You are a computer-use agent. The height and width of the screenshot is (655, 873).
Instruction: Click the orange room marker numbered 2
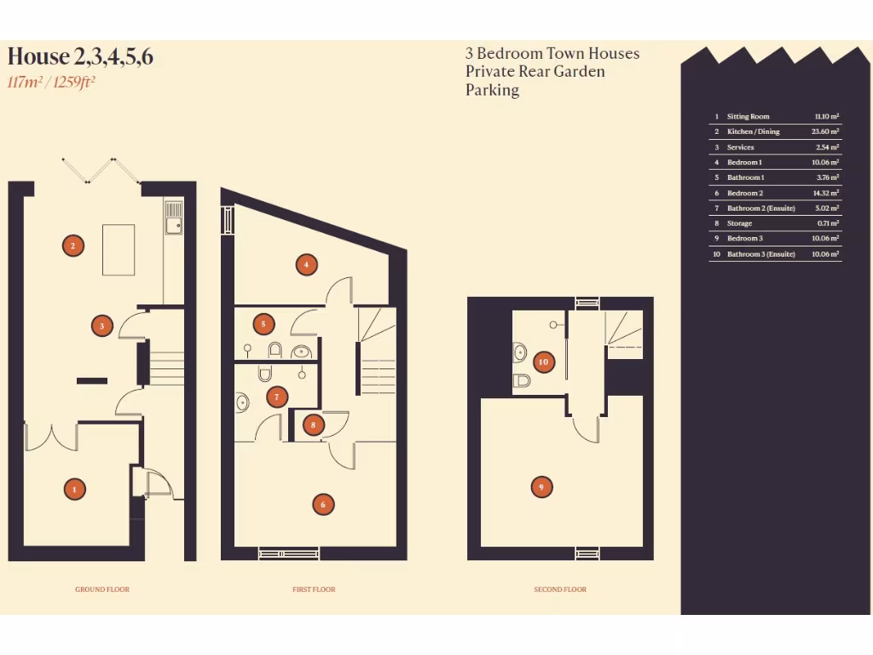73,246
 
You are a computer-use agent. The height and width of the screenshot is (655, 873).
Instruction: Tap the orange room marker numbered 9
542,487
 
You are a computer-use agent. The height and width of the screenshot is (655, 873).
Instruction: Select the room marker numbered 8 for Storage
314,424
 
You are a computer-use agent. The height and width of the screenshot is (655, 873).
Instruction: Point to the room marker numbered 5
264,324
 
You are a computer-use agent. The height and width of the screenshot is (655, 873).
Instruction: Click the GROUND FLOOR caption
101,589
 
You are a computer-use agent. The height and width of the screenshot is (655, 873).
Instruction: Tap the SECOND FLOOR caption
560,589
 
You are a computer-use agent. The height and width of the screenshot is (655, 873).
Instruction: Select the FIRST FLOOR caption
314,589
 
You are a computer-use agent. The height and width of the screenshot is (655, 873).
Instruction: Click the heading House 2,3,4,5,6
80,57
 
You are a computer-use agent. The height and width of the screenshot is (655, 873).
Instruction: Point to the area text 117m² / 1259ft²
51,83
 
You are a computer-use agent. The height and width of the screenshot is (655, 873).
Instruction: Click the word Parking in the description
492,90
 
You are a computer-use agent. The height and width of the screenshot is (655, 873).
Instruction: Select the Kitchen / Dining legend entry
753,132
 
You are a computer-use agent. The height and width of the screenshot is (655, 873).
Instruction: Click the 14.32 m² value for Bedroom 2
824,194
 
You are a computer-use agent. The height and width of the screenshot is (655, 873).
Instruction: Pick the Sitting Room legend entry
748,117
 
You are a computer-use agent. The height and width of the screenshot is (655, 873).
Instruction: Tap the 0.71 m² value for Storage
827,223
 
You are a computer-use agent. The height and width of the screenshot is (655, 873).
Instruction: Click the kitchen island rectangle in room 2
119,250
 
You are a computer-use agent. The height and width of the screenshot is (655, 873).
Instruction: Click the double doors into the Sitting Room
51,437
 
